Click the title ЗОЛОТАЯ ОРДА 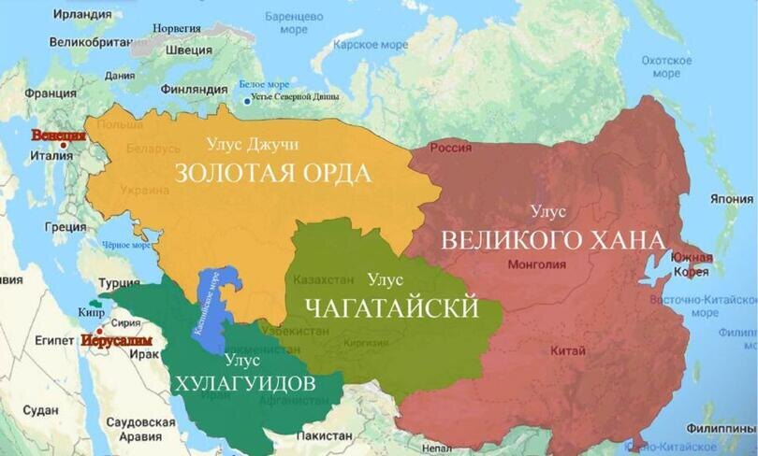coord(273,174)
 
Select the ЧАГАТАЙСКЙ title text coord(392,307)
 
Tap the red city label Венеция coord(57,135)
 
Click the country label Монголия coord(536,264)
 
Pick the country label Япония coord(731,199)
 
